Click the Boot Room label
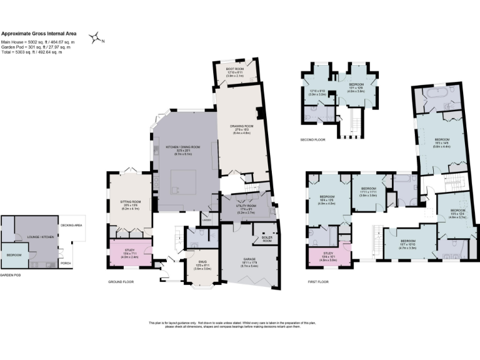point(235,70)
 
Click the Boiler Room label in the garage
point(259,239)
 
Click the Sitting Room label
point(130,204)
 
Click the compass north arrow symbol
point(96,39)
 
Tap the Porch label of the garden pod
point(66,263)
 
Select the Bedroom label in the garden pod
point(14,255)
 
